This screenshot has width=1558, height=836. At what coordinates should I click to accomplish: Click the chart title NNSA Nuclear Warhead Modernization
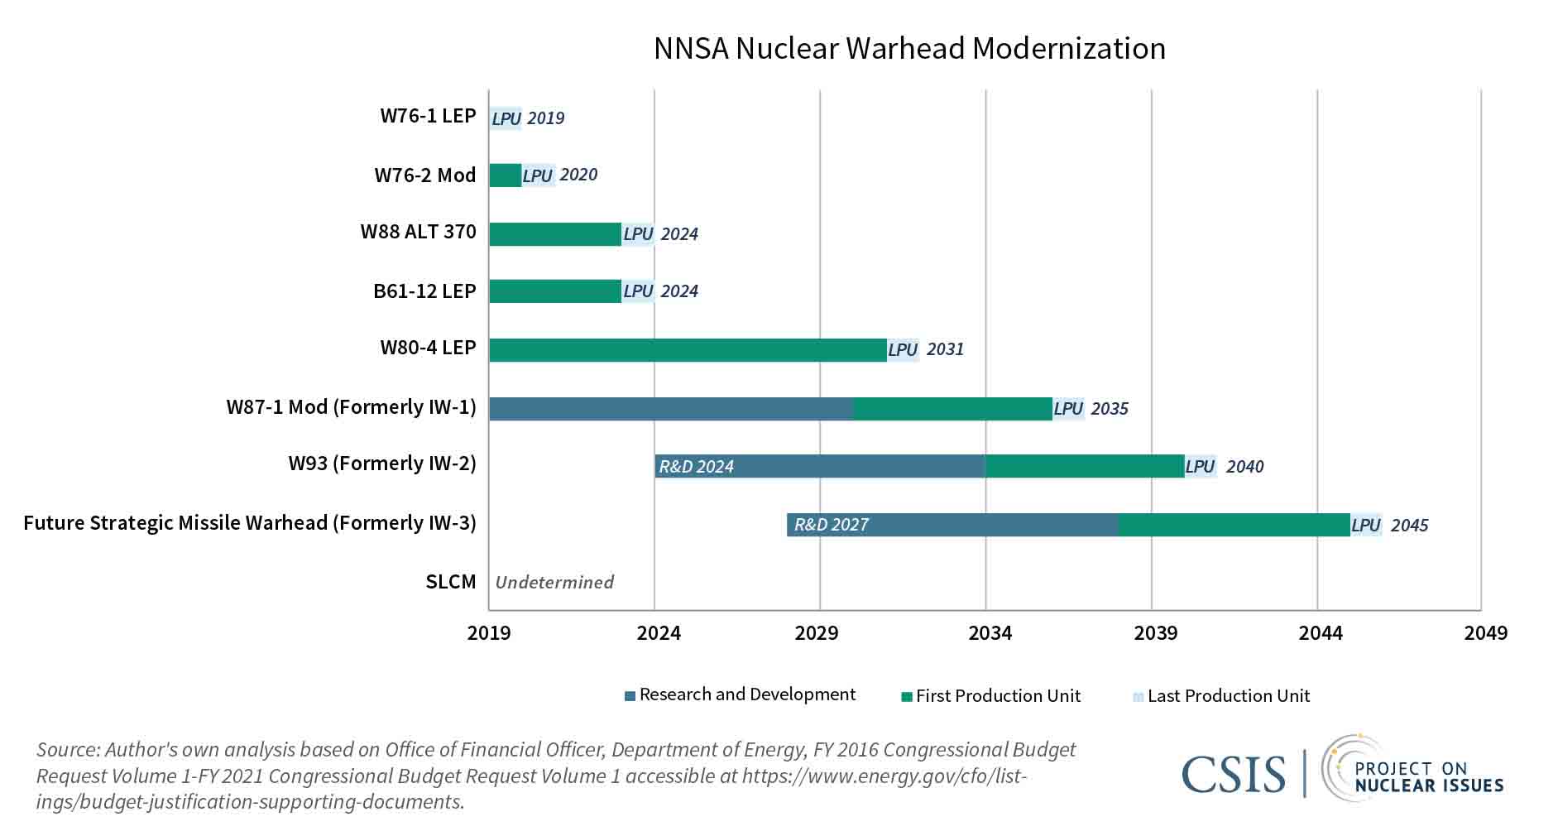pyautogui.click(x=908, y=49)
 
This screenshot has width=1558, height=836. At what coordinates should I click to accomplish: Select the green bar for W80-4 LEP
pyautogui.click(x=687, y=350)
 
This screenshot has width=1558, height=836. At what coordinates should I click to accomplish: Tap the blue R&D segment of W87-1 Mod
pyautogui.click(x=670, y=409)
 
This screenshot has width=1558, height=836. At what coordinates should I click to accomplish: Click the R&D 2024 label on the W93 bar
pyautogui.click(x=696, y=467)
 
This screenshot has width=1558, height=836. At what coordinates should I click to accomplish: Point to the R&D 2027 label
pyautogui.click(x=831, y=525)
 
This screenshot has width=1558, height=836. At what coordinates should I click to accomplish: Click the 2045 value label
pyautogui.click(x=1409, y=526)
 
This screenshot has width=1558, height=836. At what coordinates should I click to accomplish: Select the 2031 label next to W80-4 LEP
pyautogui.click(x=945, y=349)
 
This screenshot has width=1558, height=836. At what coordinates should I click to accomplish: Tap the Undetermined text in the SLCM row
pyautogui.click(x=554, y=583)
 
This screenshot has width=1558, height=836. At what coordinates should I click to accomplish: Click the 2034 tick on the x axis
pyautogui.click(x=990, y=634)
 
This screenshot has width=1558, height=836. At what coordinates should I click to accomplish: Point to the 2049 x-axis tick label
pyautogui.click(x=1485, y=634)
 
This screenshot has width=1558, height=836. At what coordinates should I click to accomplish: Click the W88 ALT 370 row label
pyautogui.click(x=418, y=232)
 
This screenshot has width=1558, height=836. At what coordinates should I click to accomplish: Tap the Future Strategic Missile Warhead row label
pyautogui.click(x=249, y=523)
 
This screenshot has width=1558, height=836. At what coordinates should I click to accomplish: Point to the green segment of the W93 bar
pyautogui.click(x=1084, y=467)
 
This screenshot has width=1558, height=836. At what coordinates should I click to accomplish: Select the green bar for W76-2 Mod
pyautogui.click(x=505, y=175)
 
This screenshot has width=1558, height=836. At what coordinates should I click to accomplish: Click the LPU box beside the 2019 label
pyautogui.click(x=506, y=118)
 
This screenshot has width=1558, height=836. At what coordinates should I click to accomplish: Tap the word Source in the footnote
pyautogui.click(x=66, y=750)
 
